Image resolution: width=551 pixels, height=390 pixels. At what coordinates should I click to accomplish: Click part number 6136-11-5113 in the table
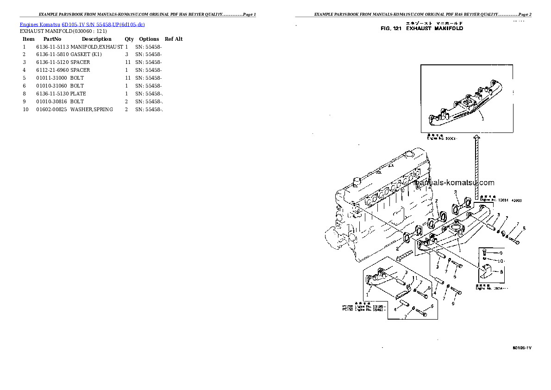click(x=52, y=47)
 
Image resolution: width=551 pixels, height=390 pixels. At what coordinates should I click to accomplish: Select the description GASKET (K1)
click(x=86, y=54)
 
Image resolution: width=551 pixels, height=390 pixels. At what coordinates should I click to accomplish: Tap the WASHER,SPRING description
click(x=92, y=109)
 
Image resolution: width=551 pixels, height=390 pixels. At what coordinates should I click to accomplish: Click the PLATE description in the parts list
click(x=78, y=94)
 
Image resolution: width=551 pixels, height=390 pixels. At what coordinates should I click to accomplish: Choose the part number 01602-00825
click(x=51, y=109)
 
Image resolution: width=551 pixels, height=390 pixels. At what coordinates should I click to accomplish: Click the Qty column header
click(x=129, y=39)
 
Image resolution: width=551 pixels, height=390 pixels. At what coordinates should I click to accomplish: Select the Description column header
click(x=96, y=39)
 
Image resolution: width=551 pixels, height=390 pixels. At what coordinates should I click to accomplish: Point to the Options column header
click(x=149, y=39)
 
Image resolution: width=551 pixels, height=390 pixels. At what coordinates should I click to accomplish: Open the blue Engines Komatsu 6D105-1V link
click(x=82, y=24)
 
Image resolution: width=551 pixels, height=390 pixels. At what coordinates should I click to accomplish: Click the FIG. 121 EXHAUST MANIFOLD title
click(x=421, y=28)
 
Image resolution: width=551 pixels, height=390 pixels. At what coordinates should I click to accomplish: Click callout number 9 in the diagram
click(x=501, y=253)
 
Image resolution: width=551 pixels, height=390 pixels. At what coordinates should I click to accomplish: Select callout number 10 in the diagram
click(x=501, y=261)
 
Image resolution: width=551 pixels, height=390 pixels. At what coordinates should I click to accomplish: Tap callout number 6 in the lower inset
click(x=432, y=306)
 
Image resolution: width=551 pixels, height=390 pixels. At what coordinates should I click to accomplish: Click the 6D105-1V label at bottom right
click(x=522, y=347)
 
